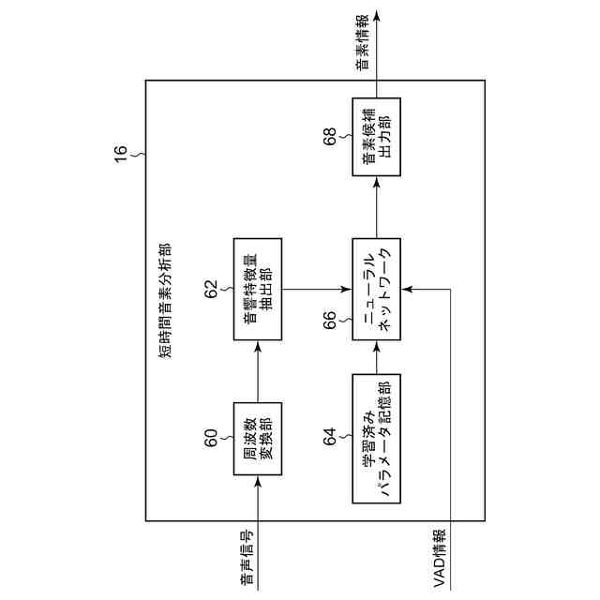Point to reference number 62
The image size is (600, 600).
click(x=212, y=286)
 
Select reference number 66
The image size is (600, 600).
click(x=330, y=321)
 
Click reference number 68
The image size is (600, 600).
click(x=330, y=138)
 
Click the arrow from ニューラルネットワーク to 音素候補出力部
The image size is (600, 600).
click(x=376, y=207)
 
